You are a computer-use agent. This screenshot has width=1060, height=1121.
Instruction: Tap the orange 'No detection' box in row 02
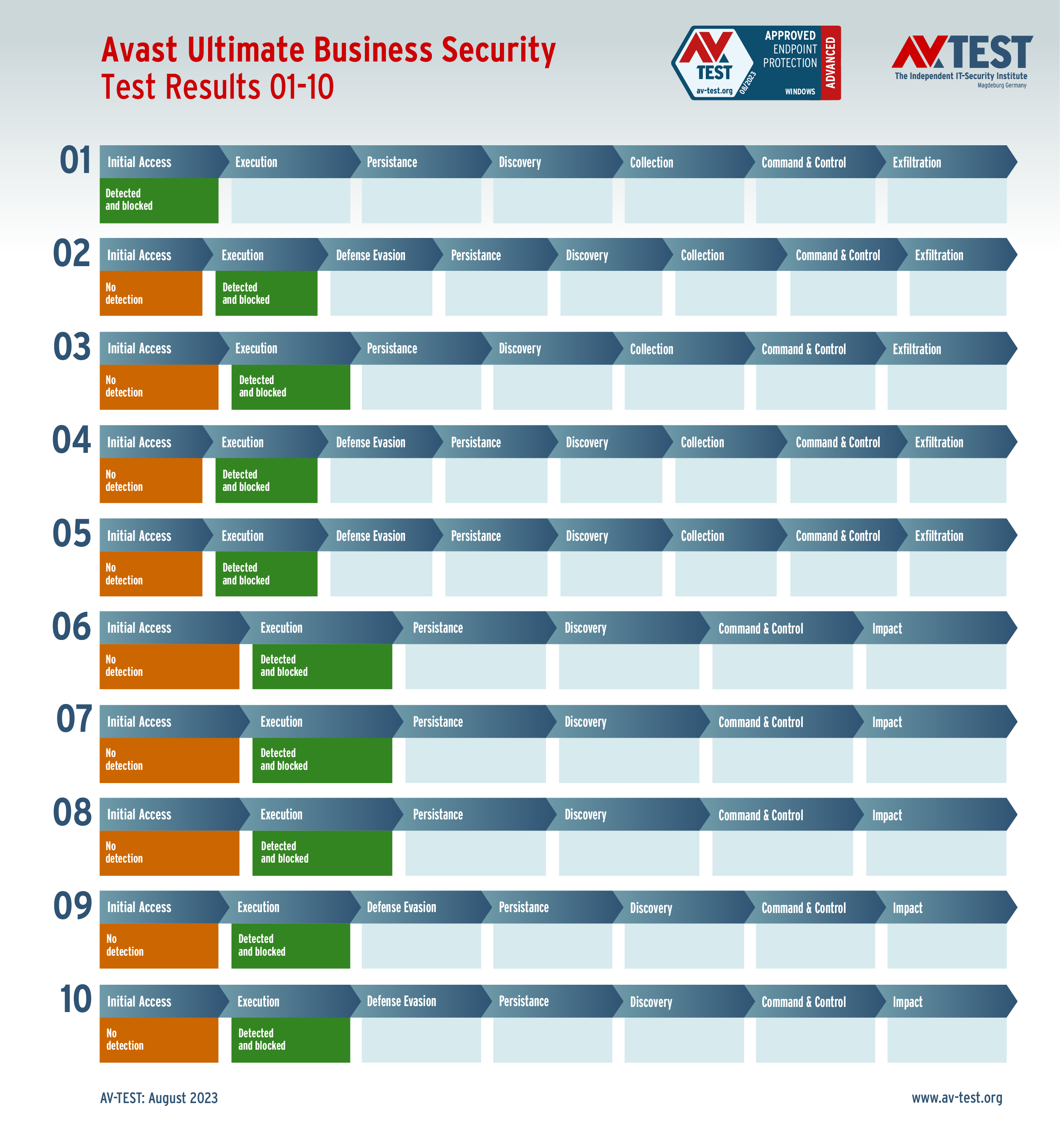[151, 293]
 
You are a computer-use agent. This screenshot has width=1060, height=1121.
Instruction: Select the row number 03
[72, 347]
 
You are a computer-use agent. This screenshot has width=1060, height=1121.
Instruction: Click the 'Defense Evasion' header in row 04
[371, 443]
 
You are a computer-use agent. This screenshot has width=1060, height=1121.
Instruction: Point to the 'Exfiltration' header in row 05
[939, 536]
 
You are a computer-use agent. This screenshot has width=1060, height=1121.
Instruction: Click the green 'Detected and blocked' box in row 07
[322, 760]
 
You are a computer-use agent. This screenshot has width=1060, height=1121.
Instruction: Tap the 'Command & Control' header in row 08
[760, 815]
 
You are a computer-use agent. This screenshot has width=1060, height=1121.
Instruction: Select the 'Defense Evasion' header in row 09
[401, 907]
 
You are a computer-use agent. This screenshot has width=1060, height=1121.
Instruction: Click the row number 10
[75, 999]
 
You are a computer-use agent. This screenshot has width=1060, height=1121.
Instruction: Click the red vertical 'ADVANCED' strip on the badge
[831, 63]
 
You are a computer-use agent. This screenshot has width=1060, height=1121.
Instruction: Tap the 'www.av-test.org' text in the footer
[957, 1097]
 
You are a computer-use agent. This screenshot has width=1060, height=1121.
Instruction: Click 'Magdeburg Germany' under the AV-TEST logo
[1002, 85]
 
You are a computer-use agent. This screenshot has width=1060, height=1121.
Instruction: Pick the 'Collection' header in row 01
[652, 163]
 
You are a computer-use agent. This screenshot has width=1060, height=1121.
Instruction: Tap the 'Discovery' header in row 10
[651, 1002]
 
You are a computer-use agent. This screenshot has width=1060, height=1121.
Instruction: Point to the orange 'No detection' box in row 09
[159, 945]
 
